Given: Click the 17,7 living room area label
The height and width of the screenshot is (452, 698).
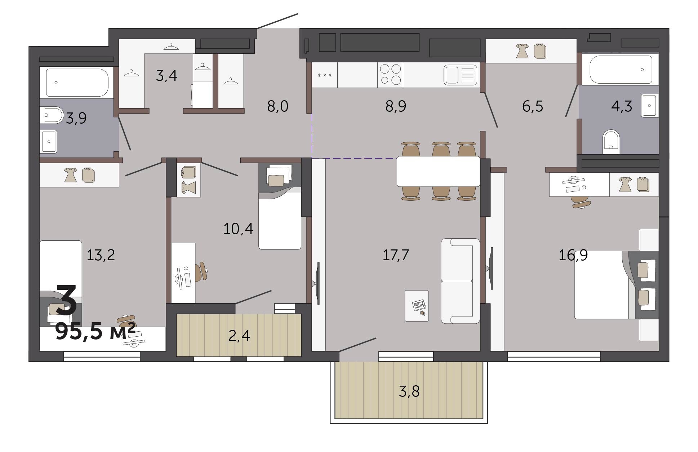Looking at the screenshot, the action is point(395,255).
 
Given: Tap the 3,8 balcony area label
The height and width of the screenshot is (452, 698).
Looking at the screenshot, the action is point(409,391).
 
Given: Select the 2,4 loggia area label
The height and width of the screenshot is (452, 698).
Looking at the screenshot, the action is point(239,336).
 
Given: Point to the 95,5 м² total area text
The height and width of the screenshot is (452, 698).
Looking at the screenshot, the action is point(95,331).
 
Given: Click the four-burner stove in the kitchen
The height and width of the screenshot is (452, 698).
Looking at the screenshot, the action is point(390,74).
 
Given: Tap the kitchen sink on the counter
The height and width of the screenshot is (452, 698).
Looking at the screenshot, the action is point(460,75).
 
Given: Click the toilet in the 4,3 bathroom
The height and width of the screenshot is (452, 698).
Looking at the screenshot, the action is point(611,142).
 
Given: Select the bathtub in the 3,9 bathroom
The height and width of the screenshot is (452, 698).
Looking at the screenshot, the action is point(77,83).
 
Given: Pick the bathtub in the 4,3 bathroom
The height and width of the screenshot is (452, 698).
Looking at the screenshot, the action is point(621,69).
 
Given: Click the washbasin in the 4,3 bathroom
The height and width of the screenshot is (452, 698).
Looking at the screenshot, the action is point(650,105).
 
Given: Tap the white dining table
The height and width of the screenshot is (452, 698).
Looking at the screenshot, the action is point(438,171).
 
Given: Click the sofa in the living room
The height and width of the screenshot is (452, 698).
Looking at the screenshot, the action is point(460,281).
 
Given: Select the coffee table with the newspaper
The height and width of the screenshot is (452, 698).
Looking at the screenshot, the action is point(417,306).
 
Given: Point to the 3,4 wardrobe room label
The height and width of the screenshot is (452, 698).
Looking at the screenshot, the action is point(166,76).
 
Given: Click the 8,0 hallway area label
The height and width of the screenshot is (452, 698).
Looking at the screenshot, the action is point(277,106).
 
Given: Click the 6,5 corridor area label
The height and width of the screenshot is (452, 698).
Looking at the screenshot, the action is point(532,106).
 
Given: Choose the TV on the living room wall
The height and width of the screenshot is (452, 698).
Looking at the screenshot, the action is point(317,283).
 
